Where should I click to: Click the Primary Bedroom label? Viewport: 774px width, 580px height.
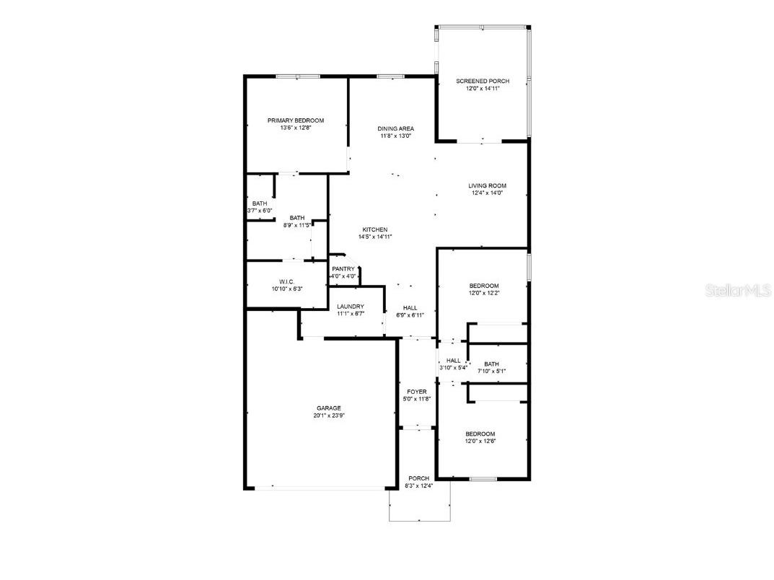pos(295,120)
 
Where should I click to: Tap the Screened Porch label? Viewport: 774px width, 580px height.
pos(483,81)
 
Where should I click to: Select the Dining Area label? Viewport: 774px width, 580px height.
pos(395,128)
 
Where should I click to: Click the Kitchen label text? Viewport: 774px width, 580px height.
pos(375,229)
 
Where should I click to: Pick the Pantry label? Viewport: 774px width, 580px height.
pos(343,269)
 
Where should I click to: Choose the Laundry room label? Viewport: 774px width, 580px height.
pos(351,307)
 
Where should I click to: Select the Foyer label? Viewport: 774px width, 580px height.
pos(416,392)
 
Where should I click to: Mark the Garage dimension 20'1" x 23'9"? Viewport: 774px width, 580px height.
pos(328,416)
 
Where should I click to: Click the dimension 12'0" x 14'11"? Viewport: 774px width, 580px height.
pos(483,89)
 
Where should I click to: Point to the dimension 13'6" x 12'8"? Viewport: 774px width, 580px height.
pos(295,128)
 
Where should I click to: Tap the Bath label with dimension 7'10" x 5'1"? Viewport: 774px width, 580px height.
pos(491,364)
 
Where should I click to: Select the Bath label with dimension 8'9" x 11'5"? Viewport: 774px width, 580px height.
pos(296,218)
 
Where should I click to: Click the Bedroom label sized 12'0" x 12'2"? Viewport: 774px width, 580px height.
pos(483,286)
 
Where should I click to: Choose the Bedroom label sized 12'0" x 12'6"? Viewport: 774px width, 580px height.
pos(480,434)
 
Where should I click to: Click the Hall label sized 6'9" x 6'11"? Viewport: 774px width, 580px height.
pos(410,307)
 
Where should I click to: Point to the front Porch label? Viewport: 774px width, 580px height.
pos(418,478)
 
